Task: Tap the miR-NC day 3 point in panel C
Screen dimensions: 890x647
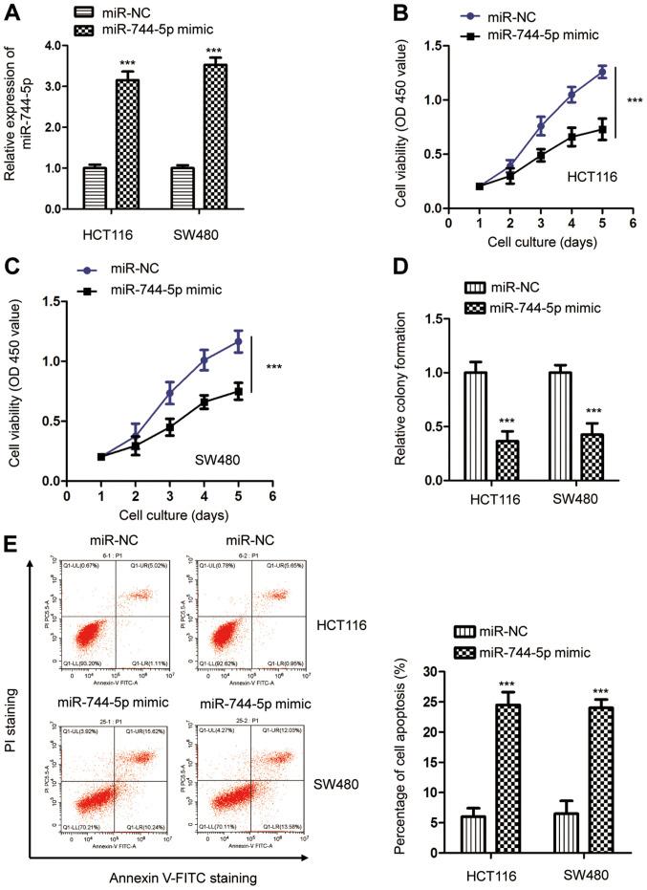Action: [x=142, y=393]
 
